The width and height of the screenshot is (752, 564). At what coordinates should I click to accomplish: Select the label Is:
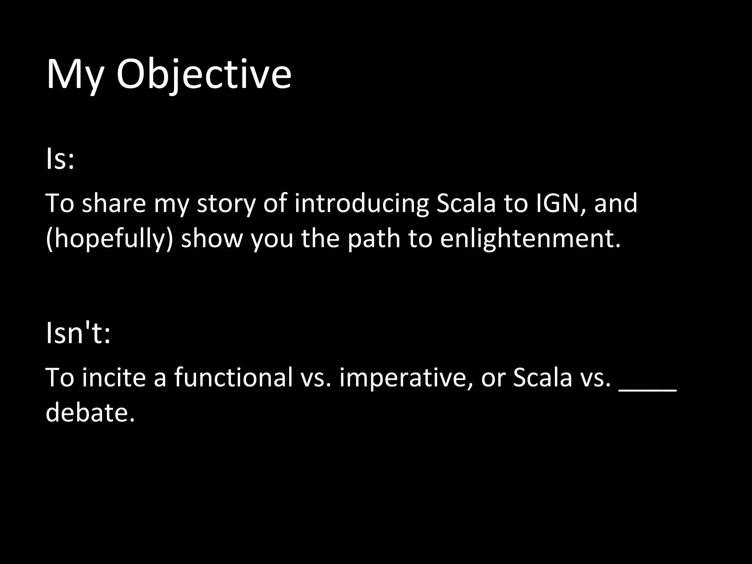tap(60, 160)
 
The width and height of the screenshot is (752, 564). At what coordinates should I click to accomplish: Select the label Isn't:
tap(78, 333)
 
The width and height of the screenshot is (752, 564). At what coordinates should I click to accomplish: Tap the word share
tap(114, 203)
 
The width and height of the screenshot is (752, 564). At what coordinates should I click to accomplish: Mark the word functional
tap(233, 377)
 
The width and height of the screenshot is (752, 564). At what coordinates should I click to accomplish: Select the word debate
tap(90, 412)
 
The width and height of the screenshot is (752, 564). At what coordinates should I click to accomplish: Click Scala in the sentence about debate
tap(542, 377)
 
